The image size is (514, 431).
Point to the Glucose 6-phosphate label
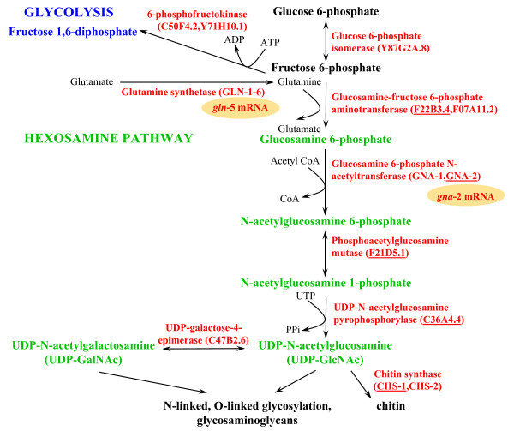[x=324, y=10]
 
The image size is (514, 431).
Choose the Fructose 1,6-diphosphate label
[x=73, y=32]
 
